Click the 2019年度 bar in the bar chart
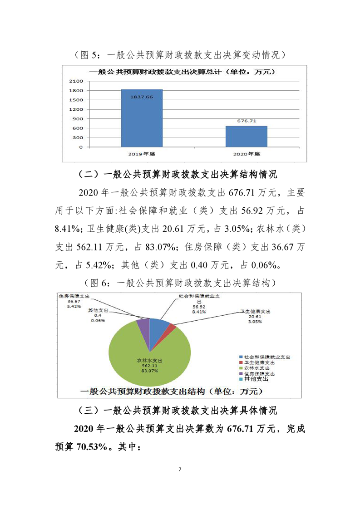[x=142, y=119]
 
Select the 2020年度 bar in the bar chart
[x=247, y=136]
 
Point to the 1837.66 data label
[x=142, y=97]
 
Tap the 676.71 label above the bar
[x=247, y=121]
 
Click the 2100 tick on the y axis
[x=76, y=81]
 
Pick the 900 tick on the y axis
[x=78, y=119]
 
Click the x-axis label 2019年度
[x=142, y=154]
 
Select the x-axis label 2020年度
[x=247, y=154]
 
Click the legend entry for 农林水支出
[x=259, y=368]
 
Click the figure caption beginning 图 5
[x=180, y=55]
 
